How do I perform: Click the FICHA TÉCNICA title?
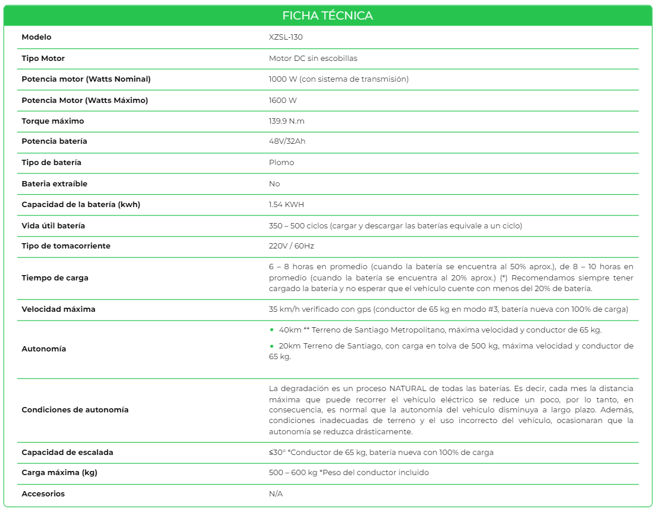[328, 15]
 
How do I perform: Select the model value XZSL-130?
[286, 37]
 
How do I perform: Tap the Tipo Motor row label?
[43, 59]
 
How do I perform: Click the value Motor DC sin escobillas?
[313, 59]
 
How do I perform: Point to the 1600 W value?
[283, 101]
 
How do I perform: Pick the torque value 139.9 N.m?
[287, 121]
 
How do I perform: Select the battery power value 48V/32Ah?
[287, 141]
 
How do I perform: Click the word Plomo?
[281, 163]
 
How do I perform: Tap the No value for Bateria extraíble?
[274, 184]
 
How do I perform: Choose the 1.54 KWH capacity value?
[286, 205]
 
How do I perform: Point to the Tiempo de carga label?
[55, 278]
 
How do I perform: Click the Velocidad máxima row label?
[59, 309]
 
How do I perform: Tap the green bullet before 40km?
[272, 330]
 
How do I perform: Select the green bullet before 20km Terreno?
[272, 346]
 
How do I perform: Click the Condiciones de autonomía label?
[75, 410]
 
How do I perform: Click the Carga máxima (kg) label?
[60, 473]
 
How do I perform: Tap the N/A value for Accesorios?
[276, 494]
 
